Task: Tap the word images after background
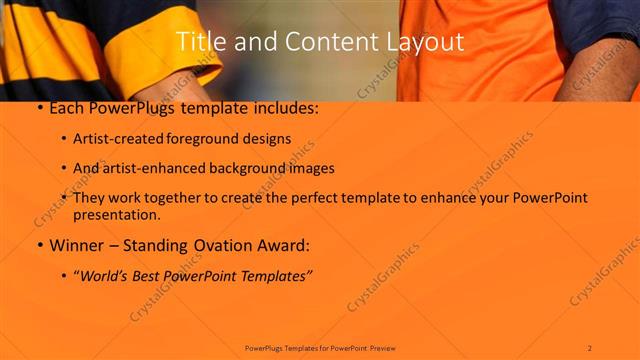(310, 168)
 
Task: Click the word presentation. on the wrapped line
(117, 214)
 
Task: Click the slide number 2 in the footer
(590, 347)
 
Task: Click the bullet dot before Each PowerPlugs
(38, 108)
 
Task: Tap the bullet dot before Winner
(38, 245)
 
